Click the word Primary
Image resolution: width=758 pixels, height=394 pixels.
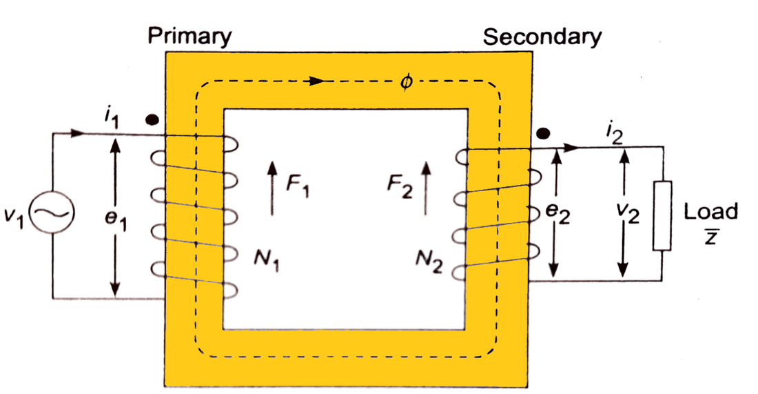click(x=189, y=35)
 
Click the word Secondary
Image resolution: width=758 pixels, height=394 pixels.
click(x=542, y=37)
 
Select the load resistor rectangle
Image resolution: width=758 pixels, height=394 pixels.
click(x=662, y=215)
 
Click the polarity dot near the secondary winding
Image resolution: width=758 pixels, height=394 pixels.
click(x=544, y=132)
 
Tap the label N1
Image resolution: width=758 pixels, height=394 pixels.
click(x=270, y=262)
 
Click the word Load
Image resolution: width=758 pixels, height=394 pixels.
click(x=710, y=211)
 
